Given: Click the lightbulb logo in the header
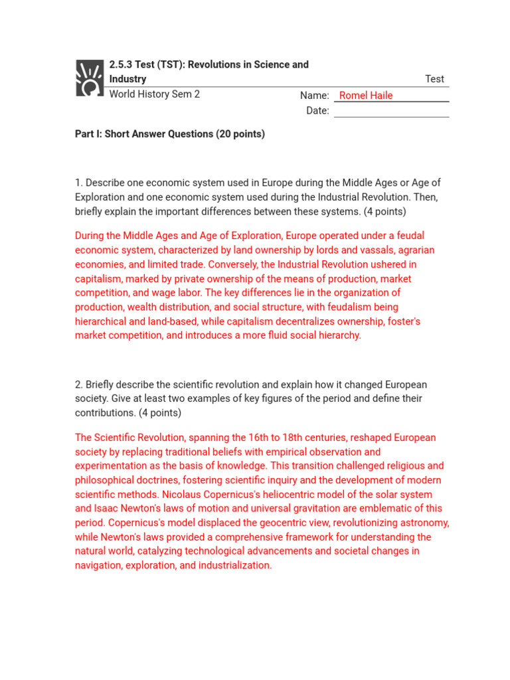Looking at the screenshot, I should [x=90, y=78].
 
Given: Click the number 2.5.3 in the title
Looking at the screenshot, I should [x=121, y=64].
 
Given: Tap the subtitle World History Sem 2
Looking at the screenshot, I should [x=154, y=94].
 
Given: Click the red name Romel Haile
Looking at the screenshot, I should [x=366, y=96].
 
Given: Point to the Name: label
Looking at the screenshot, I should [x=315, y=96].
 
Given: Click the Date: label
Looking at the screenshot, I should [x=317, y=111].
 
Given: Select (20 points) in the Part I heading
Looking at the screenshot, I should [x=240, y=134].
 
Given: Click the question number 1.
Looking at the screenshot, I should [x=78, y=183].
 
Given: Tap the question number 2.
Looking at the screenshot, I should [x=78, y=385].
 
